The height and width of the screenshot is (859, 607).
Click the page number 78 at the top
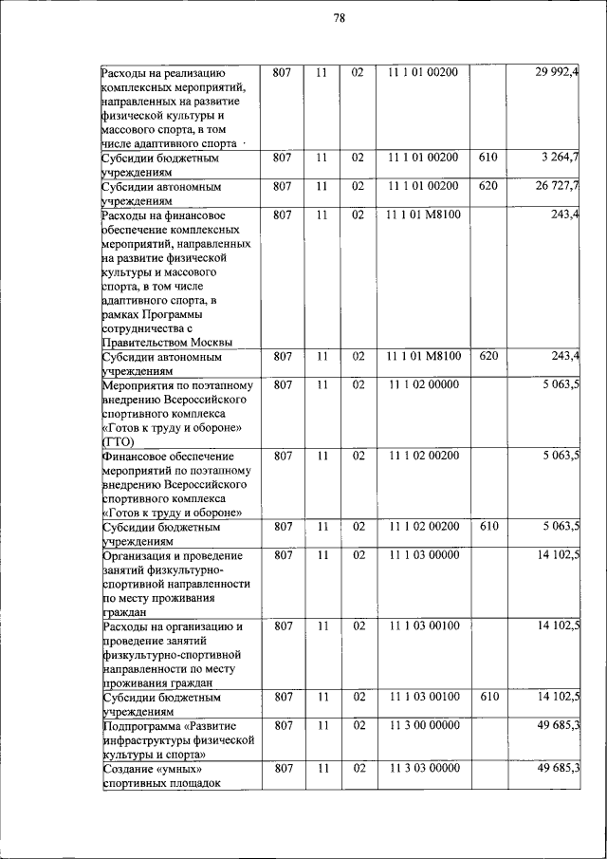point(339,18)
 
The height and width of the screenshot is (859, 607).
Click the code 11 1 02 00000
point(423,384)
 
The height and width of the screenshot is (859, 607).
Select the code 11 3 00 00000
point(423,726)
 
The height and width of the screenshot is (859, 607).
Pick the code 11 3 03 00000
point(423,768)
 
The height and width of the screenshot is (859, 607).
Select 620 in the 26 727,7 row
point(488,185)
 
